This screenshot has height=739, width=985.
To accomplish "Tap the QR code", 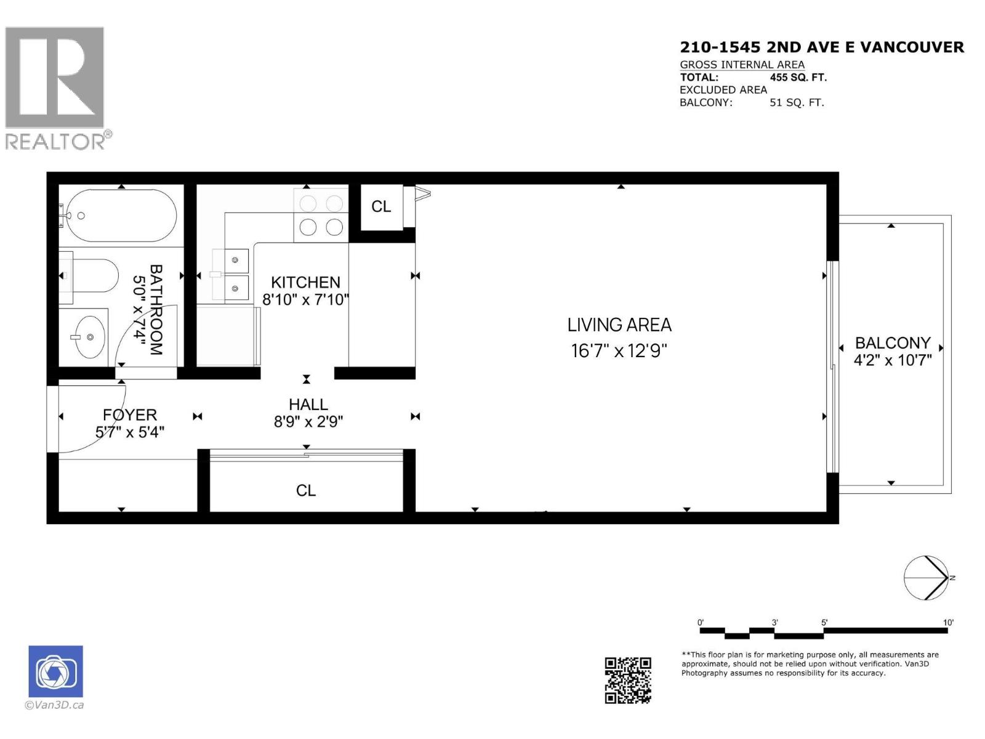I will coord(627,680).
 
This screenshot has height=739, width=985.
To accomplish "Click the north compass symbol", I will coord(926,578).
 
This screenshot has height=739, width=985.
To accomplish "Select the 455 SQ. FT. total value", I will coord(798,78).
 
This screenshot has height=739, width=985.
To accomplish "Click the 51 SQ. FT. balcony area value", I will coord(796,103).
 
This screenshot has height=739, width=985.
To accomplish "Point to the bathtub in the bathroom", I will coord(121,216).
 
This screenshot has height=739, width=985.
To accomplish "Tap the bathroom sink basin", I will coord(89,337).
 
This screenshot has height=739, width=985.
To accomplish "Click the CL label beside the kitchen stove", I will coord(381,207).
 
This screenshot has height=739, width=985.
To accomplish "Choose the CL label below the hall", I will coord(306,491).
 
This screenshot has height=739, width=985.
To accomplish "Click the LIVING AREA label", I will coord(619,325).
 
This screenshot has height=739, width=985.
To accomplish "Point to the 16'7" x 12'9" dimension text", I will coord(619,351).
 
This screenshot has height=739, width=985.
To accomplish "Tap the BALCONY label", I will coord(893,343).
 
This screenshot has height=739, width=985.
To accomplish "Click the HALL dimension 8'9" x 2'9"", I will coord(308,422).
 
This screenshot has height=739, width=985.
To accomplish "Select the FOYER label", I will coord(130,415).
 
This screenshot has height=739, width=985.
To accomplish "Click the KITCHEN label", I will coord(305,283).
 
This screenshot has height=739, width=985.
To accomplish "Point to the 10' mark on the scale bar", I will coord(948,623).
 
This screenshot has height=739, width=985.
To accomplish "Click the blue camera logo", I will coord(55,672).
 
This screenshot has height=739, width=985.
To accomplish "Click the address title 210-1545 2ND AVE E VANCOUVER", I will coord(822,47).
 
